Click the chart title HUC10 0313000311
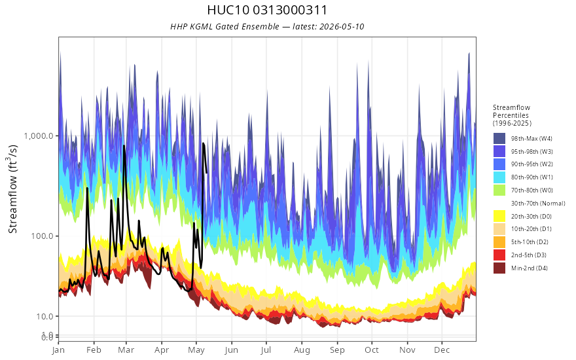pyautogui.click(x=267, y=10)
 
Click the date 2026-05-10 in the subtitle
pyautogui.click(x=342, y=26)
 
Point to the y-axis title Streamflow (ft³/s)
pyautogui.click(x=13, y=189)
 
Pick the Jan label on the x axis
pyautogui.click(x=58, y=350)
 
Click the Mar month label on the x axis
pyautogui.click(x=126, y=350)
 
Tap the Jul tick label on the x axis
pyautogui.click(x=266, y=350)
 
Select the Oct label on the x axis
pyautogui.click(x=372, y=350)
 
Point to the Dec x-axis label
pyautogui.click(x=442, y=350)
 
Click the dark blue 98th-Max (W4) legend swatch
pyautogui.click(x=499, y=139)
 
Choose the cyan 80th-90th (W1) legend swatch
pyautogui.click(x=499, y=177)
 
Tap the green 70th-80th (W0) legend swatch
pyautogui.click(x=499, y=190)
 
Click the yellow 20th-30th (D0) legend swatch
pyautogui.click(x=499, y=216)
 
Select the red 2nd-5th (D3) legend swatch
pyautogui.click(x=499, y=255)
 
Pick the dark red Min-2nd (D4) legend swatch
pyautogui.click(x=499, y=268)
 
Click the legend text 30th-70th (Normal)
pyautogui.click(x=538, y=203)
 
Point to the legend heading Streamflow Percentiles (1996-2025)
pyautogui.click(x=512, y=115)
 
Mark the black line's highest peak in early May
pyautogui.click(x=203, y=143)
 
